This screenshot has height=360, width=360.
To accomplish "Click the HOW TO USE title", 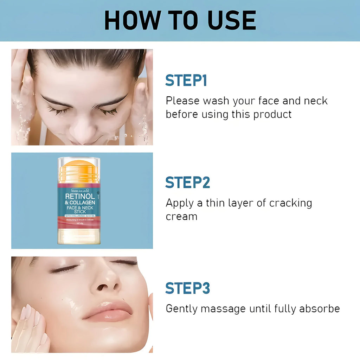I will point(180,20).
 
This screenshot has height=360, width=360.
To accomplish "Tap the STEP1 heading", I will point(186,81).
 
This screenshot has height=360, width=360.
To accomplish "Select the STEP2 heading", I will point(187,182).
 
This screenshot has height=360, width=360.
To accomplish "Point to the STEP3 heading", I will point(187,288).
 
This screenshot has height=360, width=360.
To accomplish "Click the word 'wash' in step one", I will point(216,101).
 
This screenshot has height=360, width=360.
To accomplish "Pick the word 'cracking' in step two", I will point(290,203).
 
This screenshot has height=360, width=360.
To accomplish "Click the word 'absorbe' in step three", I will point(319,309).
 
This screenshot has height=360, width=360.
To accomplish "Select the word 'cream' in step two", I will point(181,217).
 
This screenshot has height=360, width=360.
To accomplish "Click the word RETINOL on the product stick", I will point(80,196).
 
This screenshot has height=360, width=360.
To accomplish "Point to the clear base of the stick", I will point(79,236).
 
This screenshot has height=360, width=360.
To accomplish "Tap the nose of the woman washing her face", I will point(82,132).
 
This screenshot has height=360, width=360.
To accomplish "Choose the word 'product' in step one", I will point(272,114).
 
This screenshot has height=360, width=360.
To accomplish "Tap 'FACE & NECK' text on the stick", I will point(79,207).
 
